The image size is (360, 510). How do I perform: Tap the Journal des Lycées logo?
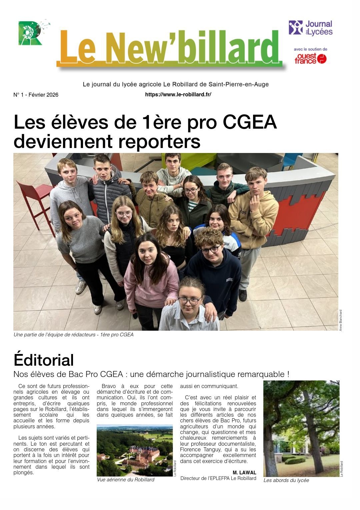pyautogui.click(x=310, y=28)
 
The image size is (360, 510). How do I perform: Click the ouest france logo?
pyautogui.click(x=310, y=59)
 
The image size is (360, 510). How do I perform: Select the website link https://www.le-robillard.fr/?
pyautogui.click(x=178, y=95)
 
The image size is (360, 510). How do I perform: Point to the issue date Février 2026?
pyautogui.click(x=43, y=95)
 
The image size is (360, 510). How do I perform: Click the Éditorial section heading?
pyautogui.click(x=44, y=360)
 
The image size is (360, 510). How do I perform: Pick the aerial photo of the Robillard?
pyautogui.click(x=134, y=450)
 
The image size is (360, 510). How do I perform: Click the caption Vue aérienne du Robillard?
pyautogui.click(x=126, y=480)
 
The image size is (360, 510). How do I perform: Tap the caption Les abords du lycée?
pyautogui.click(x=286, y=480)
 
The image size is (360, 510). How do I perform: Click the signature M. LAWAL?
pyautogui.click(x=244, y=473)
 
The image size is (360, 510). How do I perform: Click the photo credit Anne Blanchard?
pyautogui.click(x=341, y=320)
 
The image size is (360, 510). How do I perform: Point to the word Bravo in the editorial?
pyautogui.click(x=109, y=386)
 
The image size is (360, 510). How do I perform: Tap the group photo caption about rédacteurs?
pyautogui.click(x=73, y=335)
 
